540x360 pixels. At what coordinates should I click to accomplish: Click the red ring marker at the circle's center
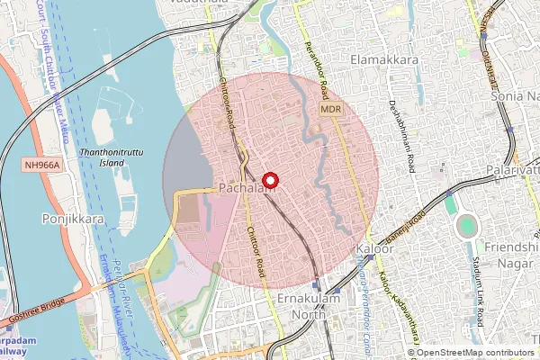click(x=271, y=180)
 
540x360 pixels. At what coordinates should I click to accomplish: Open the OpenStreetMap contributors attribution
click(x=475, y=353)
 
